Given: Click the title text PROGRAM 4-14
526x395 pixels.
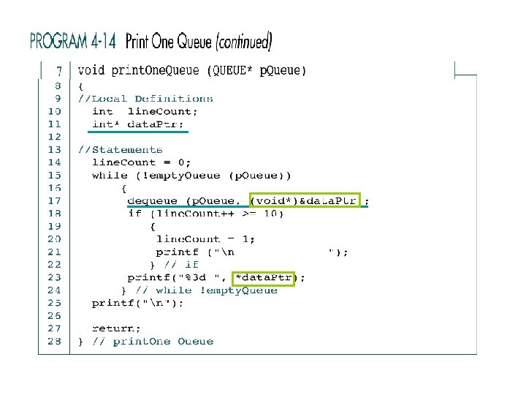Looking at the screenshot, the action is [73, 41].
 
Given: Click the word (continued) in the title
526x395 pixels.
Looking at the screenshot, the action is [244, 42].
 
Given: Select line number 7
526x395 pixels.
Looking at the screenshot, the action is [57, 72].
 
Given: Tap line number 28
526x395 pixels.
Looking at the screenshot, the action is [54, 341].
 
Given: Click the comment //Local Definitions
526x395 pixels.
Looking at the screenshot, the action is [146, 98].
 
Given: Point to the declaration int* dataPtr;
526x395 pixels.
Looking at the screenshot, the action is [138, 124].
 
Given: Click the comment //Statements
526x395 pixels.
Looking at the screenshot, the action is [121, 149].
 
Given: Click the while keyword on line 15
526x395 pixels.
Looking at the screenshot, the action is [110, 176].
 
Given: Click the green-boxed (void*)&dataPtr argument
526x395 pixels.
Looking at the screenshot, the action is [304, 200].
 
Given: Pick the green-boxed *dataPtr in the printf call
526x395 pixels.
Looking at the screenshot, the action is [263, 277].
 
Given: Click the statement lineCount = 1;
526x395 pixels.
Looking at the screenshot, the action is [205, 238].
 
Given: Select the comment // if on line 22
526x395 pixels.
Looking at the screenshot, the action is [182, 264].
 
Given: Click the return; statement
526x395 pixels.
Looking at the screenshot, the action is [116, 328].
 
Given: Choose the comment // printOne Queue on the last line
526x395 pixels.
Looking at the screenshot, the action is [153, 341].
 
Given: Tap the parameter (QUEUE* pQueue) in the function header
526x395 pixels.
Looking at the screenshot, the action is [256, 71].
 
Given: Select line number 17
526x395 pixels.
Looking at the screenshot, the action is [54, 200].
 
